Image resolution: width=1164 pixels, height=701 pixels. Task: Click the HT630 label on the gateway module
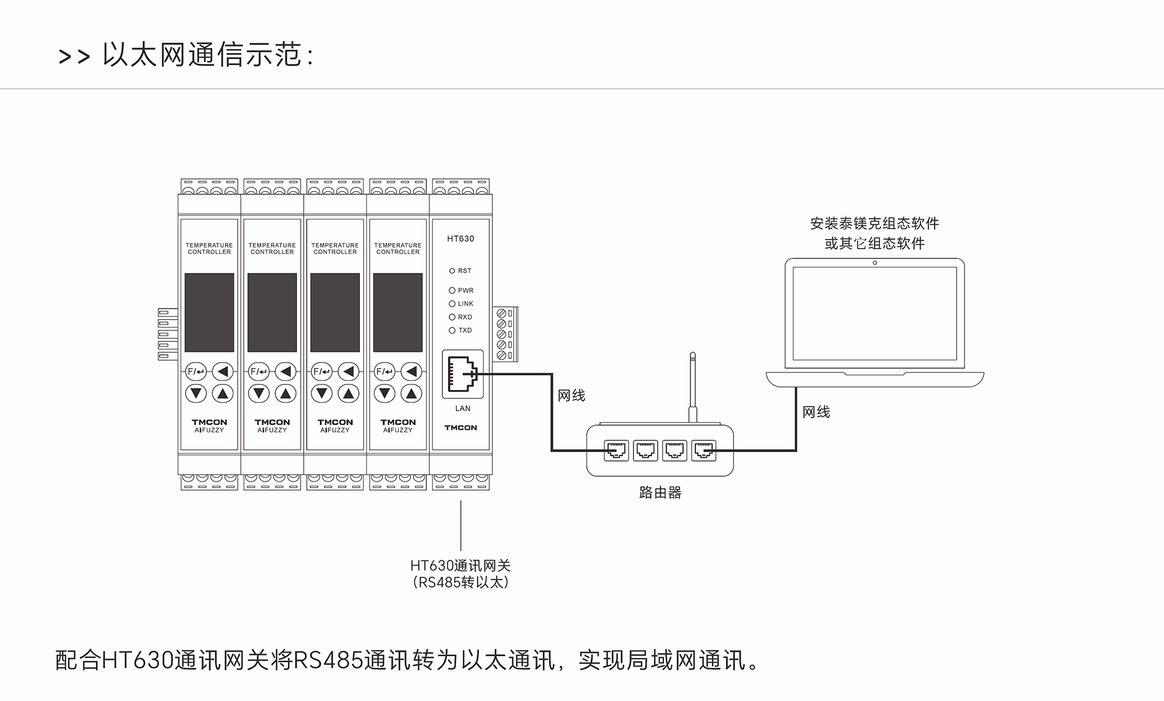coord(461,239)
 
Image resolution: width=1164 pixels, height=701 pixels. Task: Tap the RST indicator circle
coord(452,271)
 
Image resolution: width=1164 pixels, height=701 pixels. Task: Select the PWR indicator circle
coord(452,290)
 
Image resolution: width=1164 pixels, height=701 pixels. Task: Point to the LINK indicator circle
coord(452,304)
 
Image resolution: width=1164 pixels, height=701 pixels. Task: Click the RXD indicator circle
coord(452,317)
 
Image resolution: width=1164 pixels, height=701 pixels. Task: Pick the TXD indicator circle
coord(452,330)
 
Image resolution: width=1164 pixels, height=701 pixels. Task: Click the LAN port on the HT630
coord(463,374)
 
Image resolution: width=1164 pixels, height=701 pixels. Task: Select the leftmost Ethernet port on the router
coord(617,451)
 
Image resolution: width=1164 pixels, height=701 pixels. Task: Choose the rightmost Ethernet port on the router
coord(704,451)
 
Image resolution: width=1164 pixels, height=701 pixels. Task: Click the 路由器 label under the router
coord(660,492)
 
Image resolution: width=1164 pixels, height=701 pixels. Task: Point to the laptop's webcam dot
coord(875,263)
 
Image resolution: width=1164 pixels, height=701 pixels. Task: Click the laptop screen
coord(875,314)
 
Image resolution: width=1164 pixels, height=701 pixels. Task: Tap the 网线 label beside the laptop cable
coord(816,412)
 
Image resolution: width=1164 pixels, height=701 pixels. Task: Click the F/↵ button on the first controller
coord(196,371)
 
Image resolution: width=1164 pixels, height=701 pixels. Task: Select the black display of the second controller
coord(272,312)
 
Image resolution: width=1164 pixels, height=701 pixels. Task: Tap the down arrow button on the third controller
coord(322,394)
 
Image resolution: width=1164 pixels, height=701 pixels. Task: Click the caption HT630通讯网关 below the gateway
coord(461,566)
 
